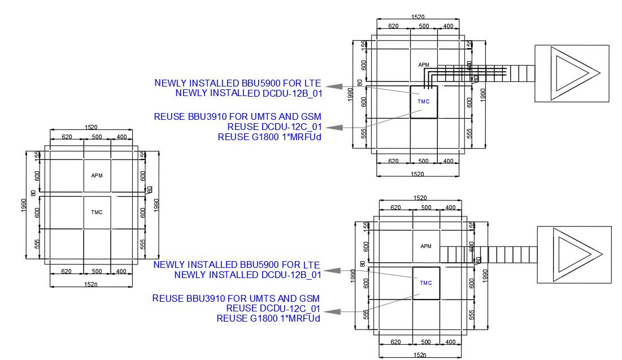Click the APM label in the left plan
(97, 176)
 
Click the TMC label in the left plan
(97, 212)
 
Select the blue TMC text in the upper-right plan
(424, 102)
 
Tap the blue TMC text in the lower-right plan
(426, 283)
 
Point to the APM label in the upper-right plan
(424, 65)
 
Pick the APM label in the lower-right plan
(426, 246)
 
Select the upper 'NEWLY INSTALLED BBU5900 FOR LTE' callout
(238, 83)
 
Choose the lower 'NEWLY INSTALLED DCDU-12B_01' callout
(248, 275)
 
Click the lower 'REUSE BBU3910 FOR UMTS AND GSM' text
(236, 298)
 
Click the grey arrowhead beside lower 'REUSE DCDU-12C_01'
(335, 311)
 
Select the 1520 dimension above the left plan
(91, 128)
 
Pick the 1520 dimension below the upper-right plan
(417, 175)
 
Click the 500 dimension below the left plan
(97, 272)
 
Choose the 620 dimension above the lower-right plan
(395, 208)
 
